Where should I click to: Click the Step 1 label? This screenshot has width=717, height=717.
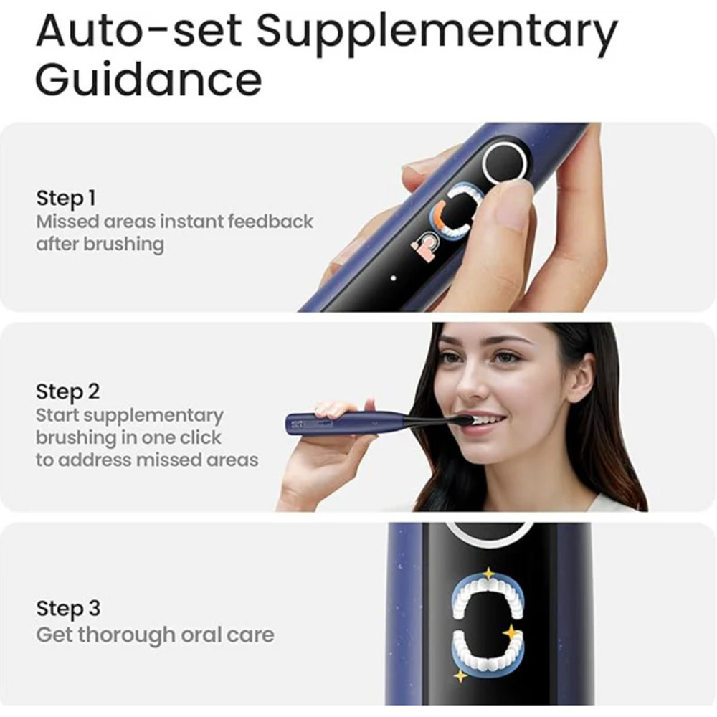[65, 198]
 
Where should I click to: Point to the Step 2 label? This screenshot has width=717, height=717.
[68, 391]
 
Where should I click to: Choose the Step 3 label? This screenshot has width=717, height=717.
[68, 609]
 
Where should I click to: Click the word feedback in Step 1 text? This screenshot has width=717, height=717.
[270, 221]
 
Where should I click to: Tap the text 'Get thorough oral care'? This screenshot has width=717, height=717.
[155, 635]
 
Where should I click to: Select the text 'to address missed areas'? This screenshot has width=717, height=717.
[147, 460]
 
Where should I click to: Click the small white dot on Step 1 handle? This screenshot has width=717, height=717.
[394, 276]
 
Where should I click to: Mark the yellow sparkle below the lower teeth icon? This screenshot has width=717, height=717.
[460, 675]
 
